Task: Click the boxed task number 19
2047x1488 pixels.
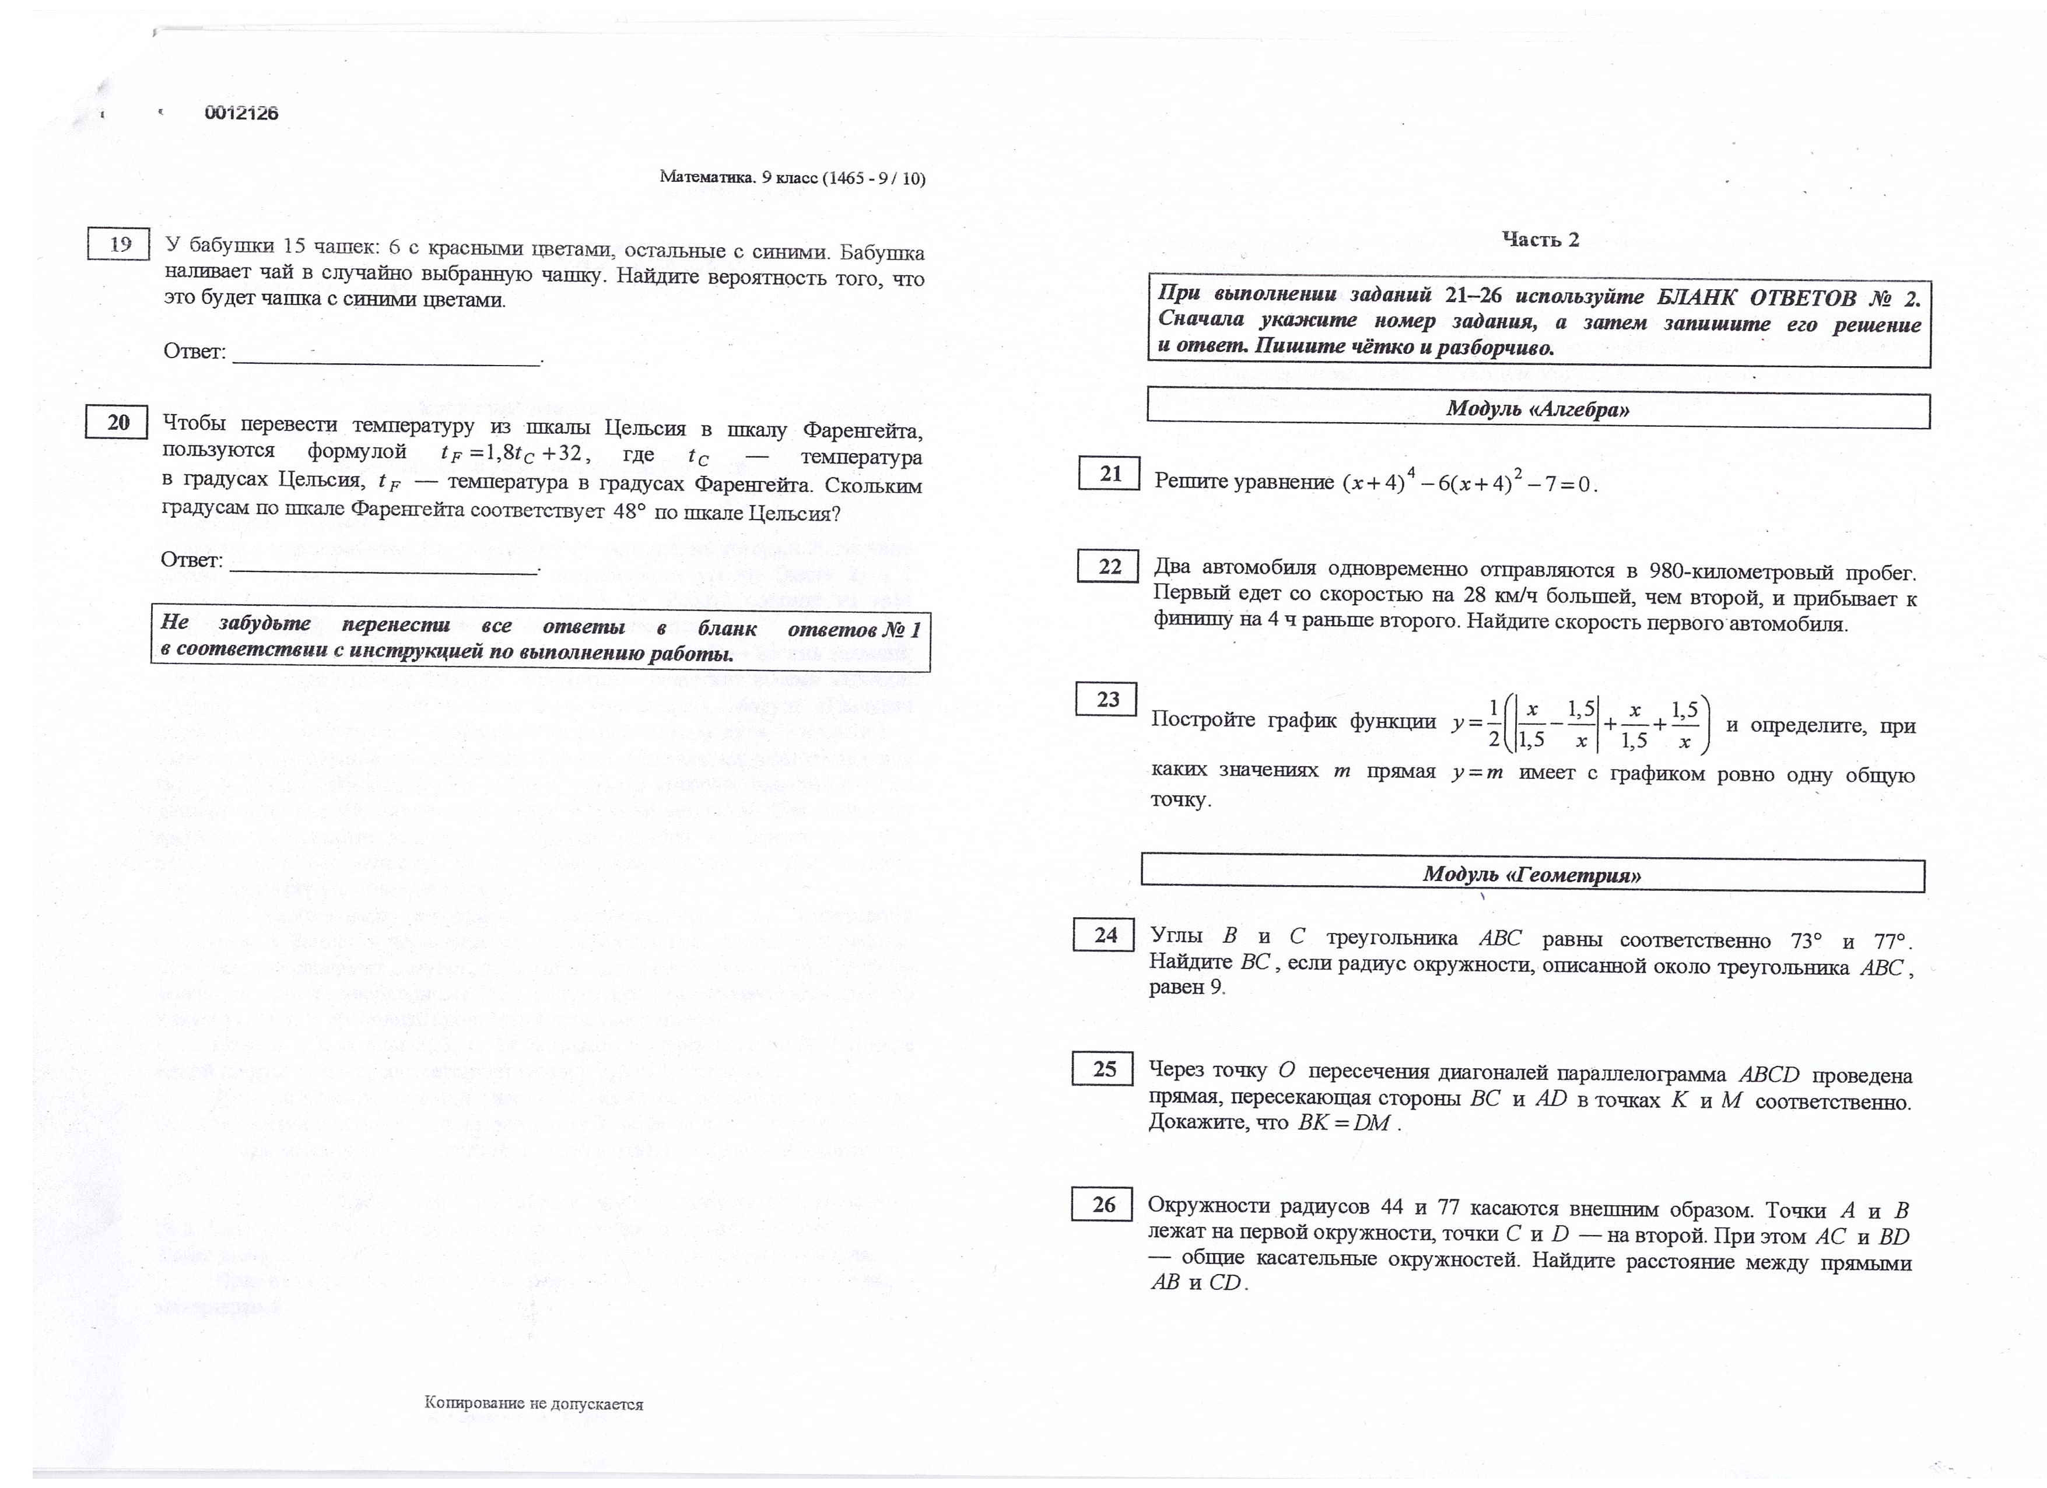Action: pyautogui.click(x=118, y=244)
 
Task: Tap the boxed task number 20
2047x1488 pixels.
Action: pyautogui.click(x=117, y=422)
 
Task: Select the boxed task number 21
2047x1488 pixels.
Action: pyautogui.click(x=1109, y=473)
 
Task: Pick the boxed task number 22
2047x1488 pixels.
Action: pyautogui.click(x=1108, y=567)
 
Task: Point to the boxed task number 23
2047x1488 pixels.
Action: pyautogui.click(x=1106, y=699)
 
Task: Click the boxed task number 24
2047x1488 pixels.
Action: pyautogui.click(x=1105, y=935)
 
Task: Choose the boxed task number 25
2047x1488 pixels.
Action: pyautogui.click(x=1103, y=1069)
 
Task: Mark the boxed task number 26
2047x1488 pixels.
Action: pyautogui.click(x=1102, y=1205)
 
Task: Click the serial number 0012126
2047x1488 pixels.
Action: pyautogui.click(x=241, y=113)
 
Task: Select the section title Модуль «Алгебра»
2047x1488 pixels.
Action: pyautogui.click(x=1538, y=409)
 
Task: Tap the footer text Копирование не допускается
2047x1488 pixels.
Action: pyautogui.click(x=534, y=1404)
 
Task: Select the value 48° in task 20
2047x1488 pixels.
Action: pyautogui.click(x=629, y=511)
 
